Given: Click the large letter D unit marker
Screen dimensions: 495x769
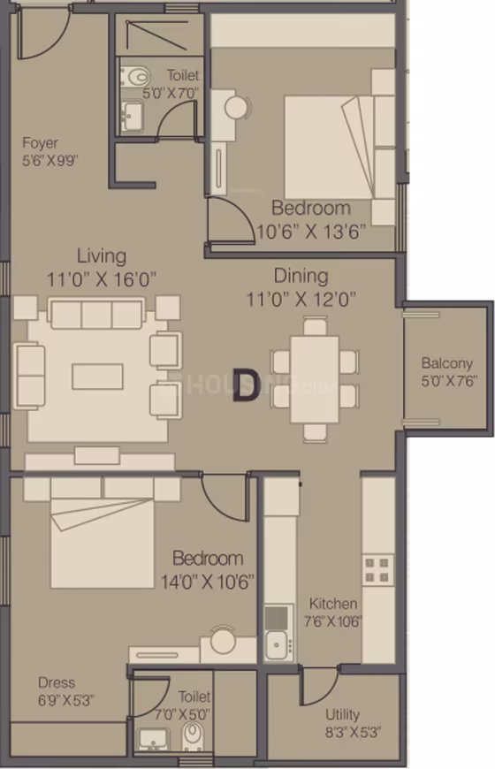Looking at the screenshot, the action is pos(246,385).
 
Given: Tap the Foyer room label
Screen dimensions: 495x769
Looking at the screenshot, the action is pos(41,143).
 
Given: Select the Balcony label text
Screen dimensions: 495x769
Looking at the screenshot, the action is pos(447,363).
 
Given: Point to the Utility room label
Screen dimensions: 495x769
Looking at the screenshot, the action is pos(342,714).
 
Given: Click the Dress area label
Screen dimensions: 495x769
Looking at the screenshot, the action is pos(57,682).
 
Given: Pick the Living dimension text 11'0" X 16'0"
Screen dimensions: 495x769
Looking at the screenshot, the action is pos(102,279).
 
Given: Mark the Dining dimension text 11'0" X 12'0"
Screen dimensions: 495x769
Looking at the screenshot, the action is pos(301,299).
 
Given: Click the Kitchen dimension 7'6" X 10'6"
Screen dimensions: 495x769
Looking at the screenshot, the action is pos(332,621).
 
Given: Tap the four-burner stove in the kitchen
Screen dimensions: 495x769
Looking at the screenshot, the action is pos(377,570).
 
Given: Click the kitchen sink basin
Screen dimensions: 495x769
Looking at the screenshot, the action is pos(276,645).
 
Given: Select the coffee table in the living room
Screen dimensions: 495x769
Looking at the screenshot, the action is pos(97,377).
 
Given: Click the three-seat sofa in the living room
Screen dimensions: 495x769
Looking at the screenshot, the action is pos(97,314).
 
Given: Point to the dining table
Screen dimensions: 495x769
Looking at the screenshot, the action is pos(315,379).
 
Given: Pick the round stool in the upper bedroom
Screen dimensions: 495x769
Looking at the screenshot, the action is pos(237,108).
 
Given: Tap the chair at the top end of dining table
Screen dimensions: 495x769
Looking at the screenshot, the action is pos(315,326).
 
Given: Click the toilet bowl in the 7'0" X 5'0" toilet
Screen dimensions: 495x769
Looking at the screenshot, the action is pos(193,736).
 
